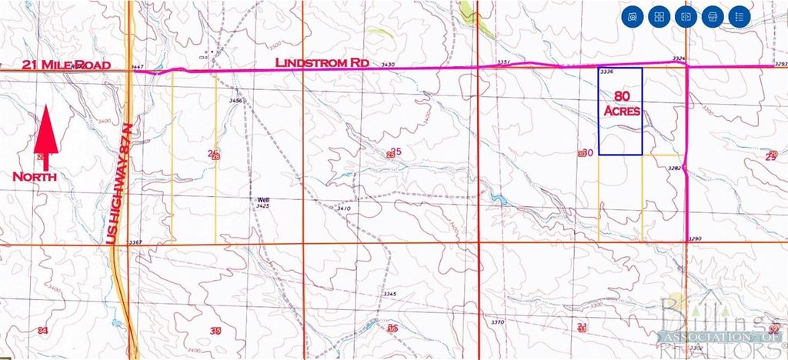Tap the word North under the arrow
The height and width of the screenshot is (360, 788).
coord(35,176)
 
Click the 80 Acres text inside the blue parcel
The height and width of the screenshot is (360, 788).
coord(620,104)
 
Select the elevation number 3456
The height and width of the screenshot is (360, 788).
coord(235,100)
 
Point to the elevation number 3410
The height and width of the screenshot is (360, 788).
coord(344,208)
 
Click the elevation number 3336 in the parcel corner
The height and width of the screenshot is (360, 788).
coord(606,72)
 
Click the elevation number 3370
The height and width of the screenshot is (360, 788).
coord(497,322)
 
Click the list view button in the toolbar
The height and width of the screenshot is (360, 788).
coord(739,16)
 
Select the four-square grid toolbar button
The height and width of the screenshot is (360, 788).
coord(659,16)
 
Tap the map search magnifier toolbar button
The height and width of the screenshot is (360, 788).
coord(633,16)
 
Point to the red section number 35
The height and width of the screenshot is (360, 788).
coord(216,331)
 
